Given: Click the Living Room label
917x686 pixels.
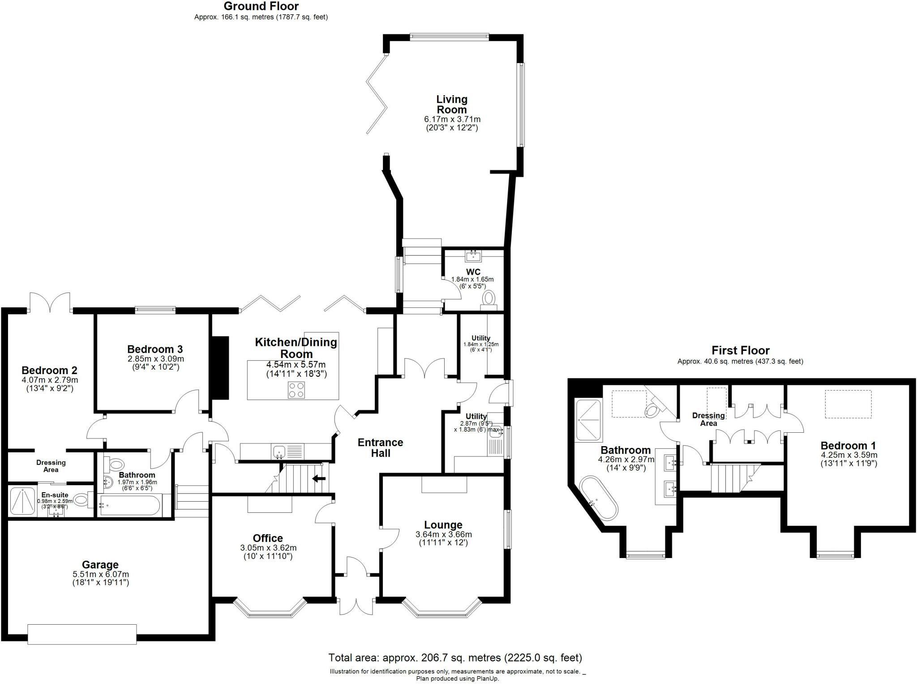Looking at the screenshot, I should tap(452, 104).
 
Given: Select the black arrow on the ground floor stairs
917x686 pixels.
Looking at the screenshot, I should tap(319, 479).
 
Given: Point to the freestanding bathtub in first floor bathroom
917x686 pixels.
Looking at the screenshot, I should tap(599, 498).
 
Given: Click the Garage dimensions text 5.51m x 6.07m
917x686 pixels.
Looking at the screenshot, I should tap(101, 574).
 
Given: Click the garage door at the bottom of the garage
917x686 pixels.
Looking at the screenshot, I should tap(82, 634).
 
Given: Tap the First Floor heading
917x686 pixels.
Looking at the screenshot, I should tap(741, 350).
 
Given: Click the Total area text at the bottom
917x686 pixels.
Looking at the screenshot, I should tap(455, 658).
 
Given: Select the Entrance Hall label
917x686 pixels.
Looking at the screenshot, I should tap(380, 447).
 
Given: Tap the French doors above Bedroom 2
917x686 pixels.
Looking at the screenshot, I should tap(50, 303).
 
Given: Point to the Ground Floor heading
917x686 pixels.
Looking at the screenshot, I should tap(261, 6).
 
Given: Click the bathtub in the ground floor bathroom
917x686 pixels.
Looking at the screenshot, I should tap(129, 505).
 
